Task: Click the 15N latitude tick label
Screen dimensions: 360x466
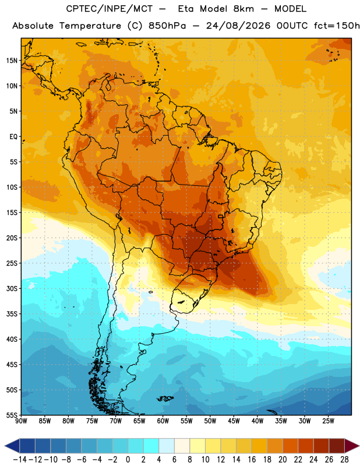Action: [12, 61]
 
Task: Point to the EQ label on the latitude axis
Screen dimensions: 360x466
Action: [13, 137]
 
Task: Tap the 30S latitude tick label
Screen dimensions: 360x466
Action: [12, 288]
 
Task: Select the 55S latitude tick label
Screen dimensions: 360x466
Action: [12, 415]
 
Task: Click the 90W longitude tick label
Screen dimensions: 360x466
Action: [21, 421]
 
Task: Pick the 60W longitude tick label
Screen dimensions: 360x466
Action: [163, 421]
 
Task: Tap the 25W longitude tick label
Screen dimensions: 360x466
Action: [328, 421]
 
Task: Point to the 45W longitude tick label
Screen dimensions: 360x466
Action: [234, 421]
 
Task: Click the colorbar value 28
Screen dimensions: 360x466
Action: [344, 460]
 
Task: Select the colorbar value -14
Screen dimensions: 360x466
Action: [20, 460]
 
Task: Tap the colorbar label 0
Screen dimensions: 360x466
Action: [128, 460]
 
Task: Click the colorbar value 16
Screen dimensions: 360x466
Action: [252, 460]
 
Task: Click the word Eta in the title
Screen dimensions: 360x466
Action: [186, 9]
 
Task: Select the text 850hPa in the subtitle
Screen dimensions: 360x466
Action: [167, 26]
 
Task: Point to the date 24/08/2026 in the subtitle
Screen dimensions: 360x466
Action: [238, 26]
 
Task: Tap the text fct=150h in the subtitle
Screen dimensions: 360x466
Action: [337, 26]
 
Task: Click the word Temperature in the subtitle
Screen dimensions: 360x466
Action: [90, 26]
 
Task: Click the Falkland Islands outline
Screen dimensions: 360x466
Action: [165, 398]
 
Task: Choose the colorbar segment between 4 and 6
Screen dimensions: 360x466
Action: [167, 446]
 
